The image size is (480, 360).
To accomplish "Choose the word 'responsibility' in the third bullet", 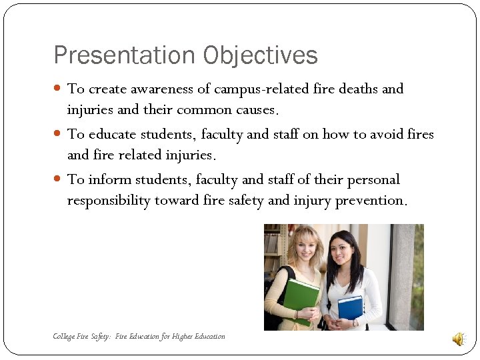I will click(x=109, y=201).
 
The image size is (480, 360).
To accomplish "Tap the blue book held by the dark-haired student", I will click(x=350, y=308).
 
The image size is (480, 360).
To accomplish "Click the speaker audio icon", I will click(x=459, y=339).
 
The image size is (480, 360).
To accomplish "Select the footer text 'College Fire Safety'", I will click(x=81, y=337).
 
